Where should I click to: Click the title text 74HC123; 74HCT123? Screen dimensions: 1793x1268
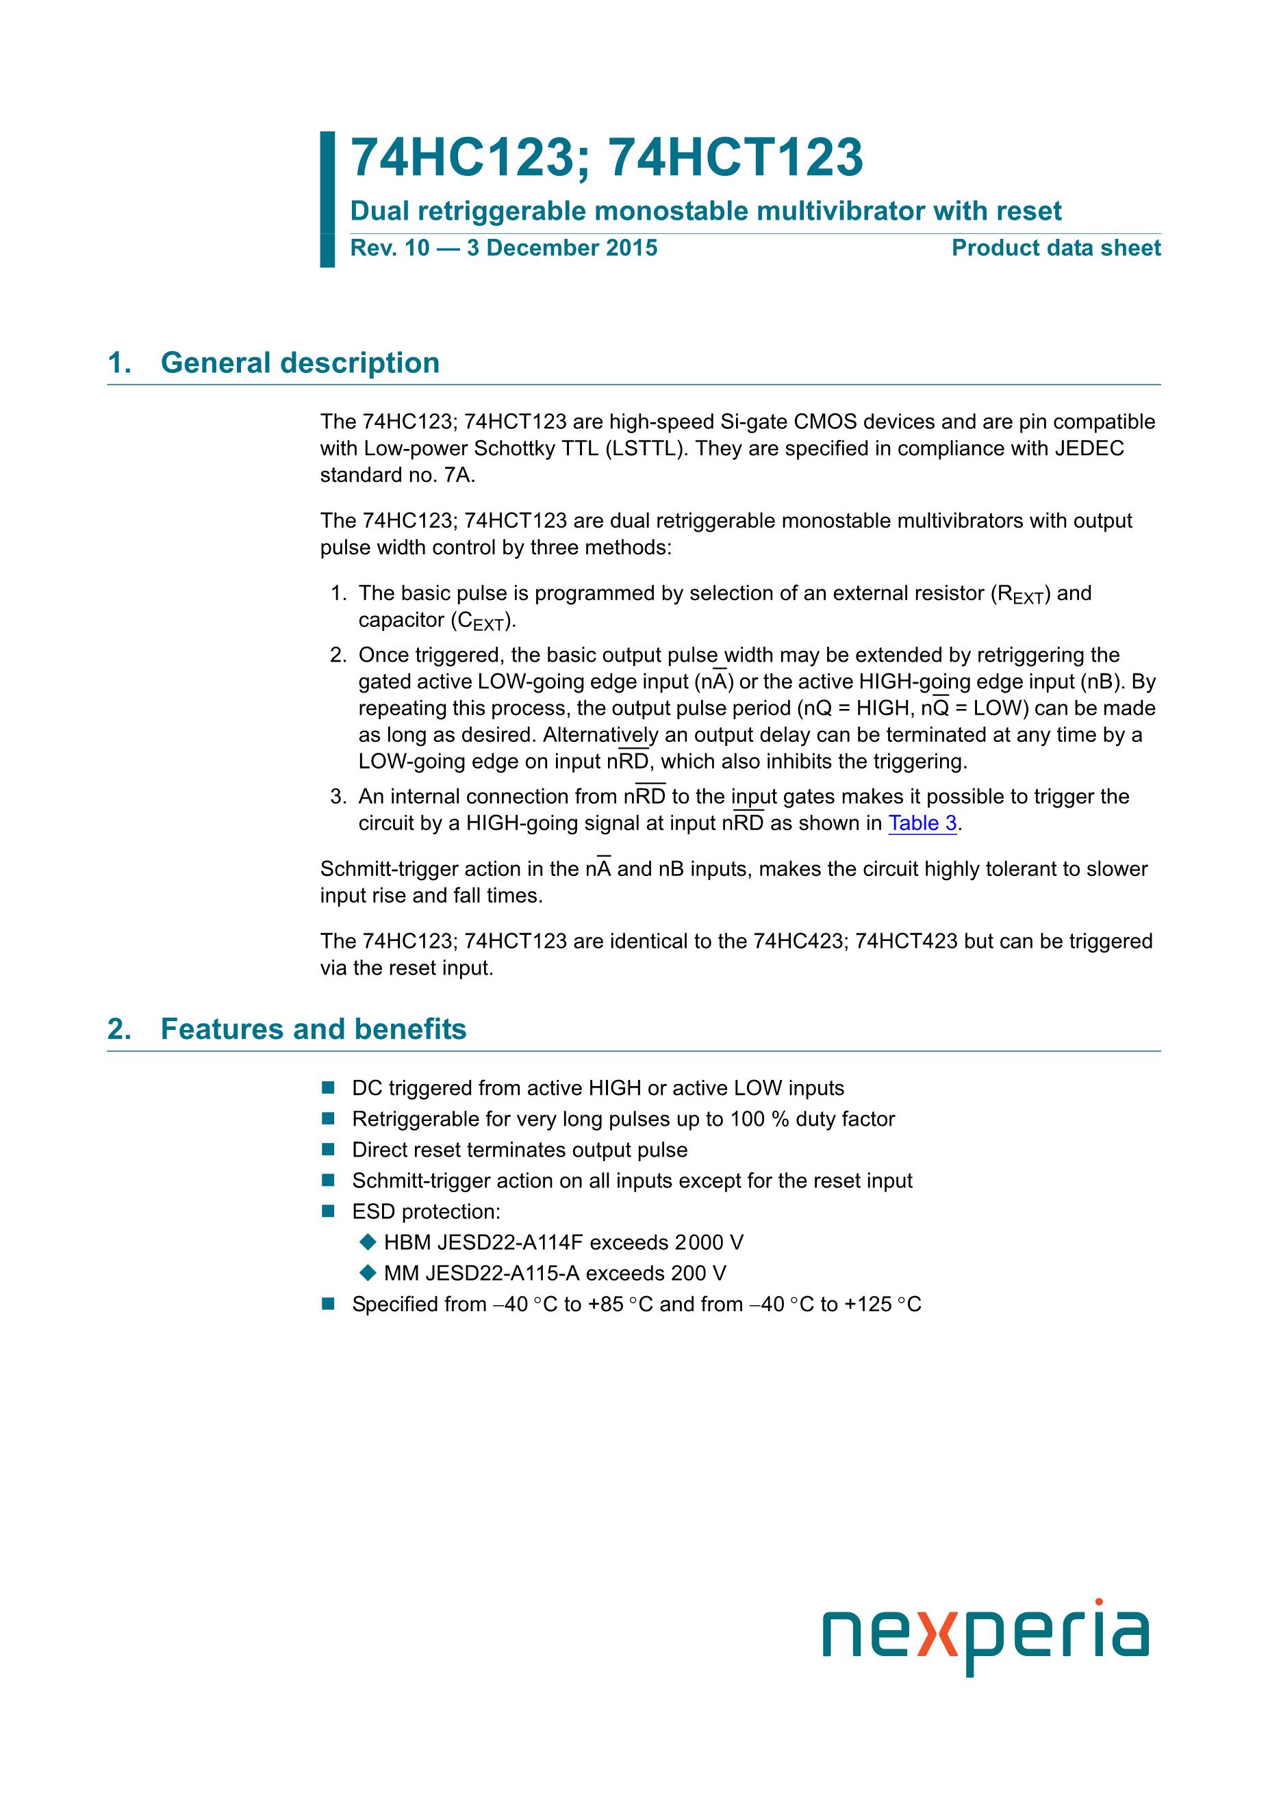click(606, 158)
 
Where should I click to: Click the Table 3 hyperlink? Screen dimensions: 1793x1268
click(922, 823)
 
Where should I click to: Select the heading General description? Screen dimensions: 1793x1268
click(300, 363)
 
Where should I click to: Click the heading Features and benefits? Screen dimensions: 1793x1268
click(314, 1029)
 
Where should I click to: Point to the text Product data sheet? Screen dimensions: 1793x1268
click(1056, 248)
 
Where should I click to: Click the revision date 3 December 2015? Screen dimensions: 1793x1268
click(561, 248)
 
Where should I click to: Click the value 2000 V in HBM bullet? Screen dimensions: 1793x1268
click(709, 1243)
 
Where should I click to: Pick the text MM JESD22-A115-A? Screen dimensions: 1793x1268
click(481, 1273)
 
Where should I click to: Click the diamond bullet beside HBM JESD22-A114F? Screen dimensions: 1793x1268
click(367, 1241)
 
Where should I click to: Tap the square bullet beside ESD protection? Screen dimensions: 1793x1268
click(328, 1211)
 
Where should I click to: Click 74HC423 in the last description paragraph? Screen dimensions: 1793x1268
click(799, 941)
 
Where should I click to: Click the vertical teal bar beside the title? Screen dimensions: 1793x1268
click(327, 199)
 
